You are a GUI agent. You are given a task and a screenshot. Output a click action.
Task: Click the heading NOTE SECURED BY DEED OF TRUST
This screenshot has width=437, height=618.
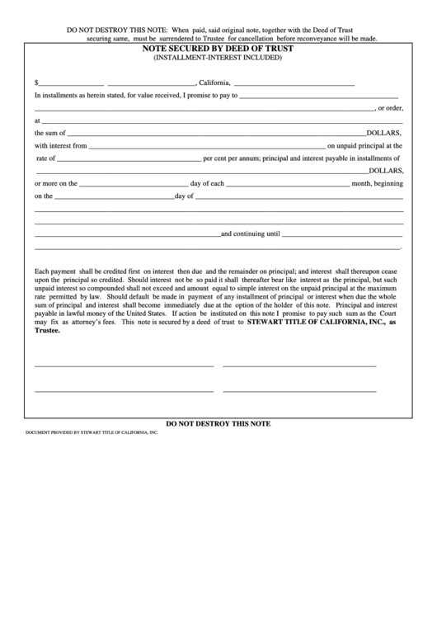coord(218,50)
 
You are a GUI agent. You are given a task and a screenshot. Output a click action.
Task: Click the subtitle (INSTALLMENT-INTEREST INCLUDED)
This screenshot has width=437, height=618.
coord(218,59)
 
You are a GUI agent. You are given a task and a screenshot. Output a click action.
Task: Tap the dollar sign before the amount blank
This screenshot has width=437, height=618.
coord(36,83)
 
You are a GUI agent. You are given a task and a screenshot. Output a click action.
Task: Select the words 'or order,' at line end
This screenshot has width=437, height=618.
coord(390,107)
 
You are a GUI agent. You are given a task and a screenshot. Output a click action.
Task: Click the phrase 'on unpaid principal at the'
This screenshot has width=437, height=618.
coord(363,145)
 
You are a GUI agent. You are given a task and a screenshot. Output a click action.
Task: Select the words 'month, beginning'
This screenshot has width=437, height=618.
coord(377,183)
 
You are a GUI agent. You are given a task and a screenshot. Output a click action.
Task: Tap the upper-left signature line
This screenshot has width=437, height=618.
coord(125,365)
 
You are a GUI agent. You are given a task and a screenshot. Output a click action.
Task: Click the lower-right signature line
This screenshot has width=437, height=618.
coord(299,390)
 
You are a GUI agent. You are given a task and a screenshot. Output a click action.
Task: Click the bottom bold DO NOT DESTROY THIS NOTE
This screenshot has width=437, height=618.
coord(218,423)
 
